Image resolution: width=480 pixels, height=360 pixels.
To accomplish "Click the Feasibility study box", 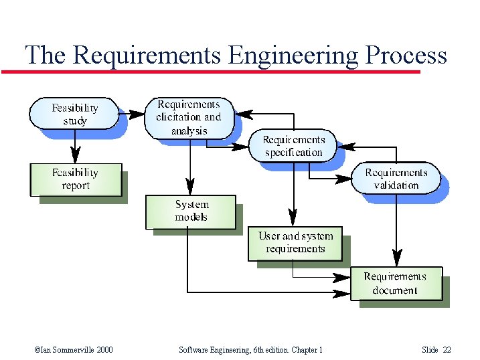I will (74, 114).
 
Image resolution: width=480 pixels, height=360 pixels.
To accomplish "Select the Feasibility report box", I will (76, 179).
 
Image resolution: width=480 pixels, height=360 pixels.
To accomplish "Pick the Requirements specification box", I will (293, 146).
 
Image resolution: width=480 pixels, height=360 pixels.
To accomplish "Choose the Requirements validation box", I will (396, 179).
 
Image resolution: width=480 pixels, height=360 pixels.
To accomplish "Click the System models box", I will (191, 211).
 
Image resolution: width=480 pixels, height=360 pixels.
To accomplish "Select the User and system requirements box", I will (295, 243).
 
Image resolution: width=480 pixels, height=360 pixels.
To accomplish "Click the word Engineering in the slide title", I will (293, 55).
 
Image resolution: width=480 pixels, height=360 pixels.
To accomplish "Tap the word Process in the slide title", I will (406, 55).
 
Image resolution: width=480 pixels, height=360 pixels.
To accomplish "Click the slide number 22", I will (447, 350).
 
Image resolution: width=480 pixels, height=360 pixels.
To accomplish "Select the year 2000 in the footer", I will (102, 350).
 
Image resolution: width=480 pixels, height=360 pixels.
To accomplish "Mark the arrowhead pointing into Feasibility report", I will (76, 156).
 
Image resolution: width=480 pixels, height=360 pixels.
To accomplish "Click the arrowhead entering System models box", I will (191, 187).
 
